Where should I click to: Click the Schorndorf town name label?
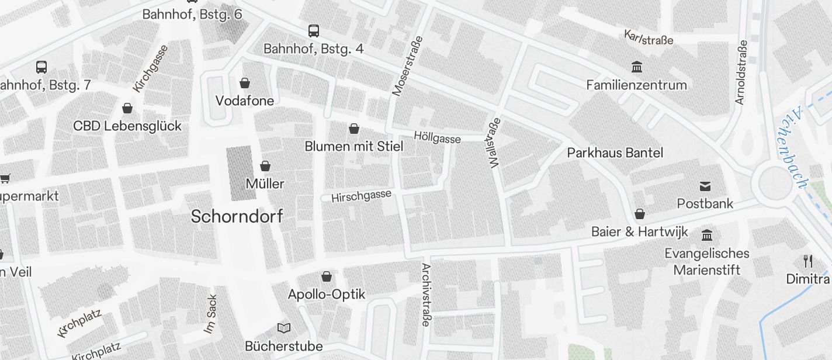point(237,217)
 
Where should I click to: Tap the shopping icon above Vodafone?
point(245,83)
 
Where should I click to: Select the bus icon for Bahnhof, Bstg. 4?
point(314,30)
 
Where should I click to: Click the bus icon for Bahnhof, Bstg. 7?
point(41,67)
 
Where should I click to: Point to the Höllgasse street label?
point(437,137)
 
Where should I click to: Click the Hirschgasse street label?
point(361,196)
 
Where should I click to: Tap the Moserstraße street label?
point(407,65)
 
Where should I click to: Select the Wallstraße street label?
point(494,144)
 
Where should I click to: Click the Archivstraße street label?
point(426,295)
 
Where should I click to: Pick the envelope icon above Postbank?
point(705,186)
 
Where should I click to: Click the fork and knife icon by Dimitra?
point(808,261)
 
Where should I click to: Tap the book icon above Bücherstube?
point(284,328)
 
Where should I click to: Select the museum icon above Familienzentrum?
point(637,67)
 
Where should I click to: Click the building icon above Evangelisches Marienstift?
point(707,235)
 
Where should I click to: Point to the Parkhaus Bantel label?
point(615,153)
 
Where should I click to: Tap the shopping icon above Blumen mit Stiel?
point(354,129)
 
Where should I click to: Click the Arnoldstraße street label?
point(741,72)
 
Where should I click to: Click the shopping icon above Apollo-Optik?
point(327,276)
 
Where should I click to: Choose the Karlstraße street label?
point(649,37)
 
